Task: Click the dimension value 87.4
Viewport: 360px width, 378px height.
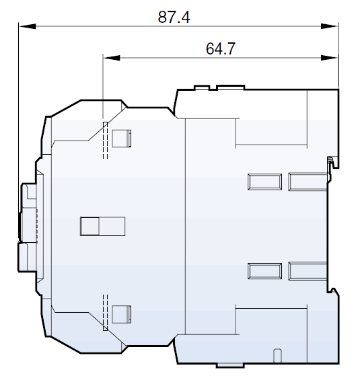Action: tap(174, 17)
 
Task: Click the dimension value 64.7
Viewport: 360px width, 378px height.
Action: tap(221, 48)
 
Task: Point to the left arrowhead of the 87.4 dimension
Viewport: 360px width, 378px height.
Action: tap(24, 27)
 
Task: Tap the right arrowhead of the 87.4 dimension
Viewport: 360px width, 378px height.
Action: tap(332, 27)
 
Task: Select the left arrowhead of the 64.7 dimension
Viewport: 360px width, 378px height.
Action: tap(108, 58)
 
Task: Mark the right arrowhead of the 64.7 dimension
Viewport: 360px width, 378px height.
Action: tap(332, 58)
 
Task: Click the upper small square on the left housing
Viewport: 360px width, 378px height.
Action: tap(121, 138)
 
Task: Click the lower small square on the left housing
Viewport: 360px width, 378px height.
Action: tap(121, 314)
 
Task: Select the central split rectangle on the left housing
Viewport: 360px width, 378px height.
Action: tap(102, 226)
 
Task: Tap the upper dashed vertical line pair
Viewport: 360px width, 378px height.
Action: tap(104, 140)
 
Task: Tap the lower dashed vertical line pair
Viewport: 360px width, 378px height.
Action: tap(104, 313)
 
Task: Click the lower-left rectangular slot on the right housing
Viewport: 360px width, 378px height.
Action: tap(264, 270)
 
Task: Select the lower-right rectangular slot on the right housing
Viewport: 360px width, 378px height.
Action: tap(307, 270)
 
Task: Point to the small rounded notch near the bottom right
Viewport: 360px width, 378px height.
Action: tap(277, 355)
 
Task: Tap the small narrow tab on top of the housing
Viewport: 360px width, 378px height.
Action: tap(201, 87)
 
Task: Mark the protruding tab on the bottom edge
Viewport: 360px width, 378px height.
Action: tap(231, 365)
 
